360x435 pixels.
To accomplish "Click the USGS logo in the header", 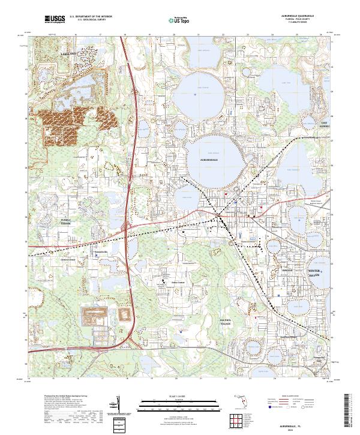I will pos(55,20).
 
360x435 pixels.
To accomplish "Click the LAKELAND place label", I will pos(53,53).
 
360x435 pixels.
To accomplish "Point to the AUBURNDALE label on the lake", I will pos(211,161).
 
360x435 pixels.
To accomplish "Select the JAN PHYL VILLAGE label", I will pos(224,322).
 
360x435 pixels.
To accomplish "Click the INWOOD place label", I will pos(286,271).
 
